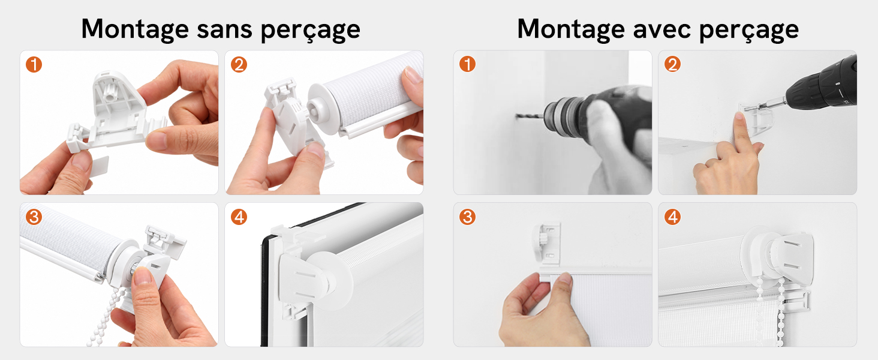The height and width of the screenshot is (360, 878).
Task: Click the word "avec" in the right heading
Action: (662, 29)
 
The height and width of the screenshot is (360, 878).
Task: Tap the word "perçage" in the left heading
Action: (311, 31)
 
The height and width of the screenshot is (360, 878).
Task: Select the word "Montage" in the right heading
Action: (571, 30)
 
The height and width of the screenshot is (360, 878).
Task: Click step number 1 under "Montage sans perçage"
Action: (34, 65)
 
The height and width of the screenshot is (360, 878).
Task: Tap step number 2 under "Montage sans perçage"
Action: (239, 65)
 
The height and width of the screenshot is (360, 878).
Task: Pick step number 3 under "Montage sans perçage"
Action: (34, 217)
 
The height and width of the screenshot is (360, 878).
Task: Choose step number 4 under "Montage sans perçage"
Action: (239, 217)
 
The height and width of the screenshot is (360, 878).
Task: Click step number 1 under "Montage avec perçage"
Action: (467, 64)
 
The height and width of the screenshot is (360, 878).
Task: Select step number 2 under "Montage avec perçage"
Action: (672, 64)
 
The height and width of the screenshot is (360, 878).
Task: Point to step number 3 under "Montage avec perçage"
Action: (467, 217)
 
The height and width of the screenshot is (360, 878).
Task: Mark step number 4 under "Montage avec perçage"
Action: (672, 217)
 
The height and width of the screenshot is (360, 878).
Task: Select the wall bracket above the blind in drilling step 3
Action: (547, 244)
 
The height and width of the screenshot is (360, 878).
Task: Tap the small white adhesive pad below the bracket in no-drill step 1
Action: (100, 166)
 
